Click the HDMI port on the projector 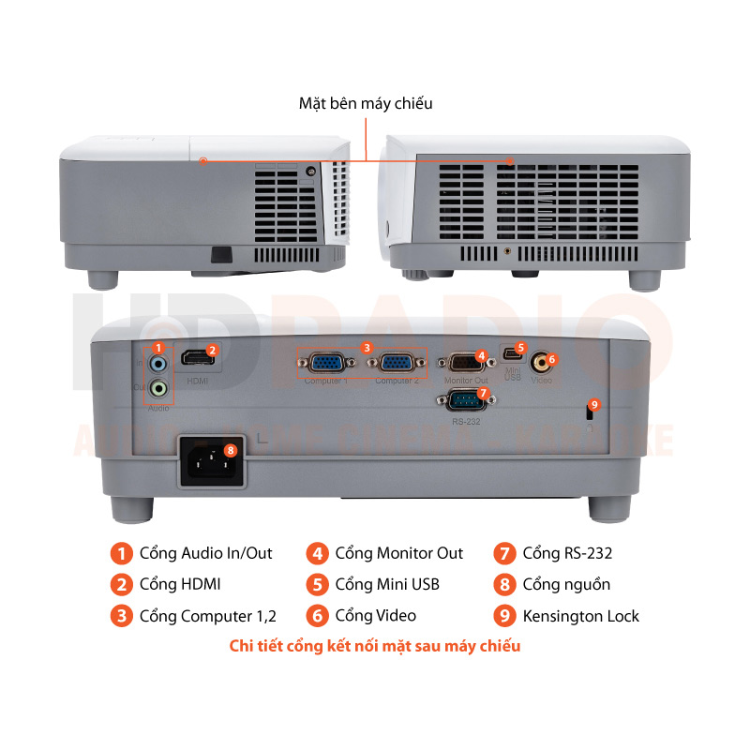tap(194, 360)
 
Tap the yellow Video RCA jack tap(540, 361)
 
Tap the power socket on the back tap(212, 462)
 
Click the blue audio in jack tap(159, 364)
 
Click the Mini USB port tap(511, 354)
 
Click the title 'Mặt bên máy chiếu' tap(366, 104)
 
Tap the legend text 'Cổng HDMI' tap(180, 584)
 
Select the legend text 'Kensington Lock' tap(580, 616)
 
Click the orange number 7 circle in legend tap(504, 553)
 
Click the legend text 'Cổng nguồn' tap(566, 584)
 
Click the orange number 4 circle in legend tap(318, 553)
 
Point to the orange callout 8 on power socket tap(232, 449)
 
